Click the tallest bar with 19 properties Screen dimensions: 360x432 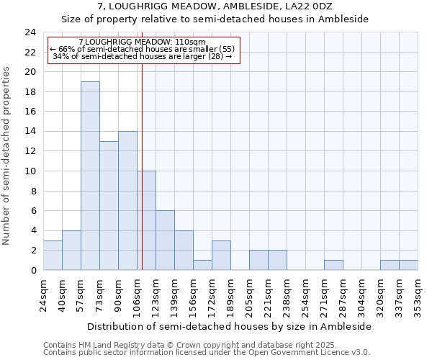90,176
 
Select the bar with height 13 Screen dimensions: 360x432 109,205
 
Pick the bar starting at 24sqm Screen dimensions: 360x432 53,255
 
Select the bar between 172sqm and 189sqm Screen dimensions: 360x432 221,255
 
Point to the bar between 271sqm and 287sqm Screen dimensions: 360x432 333,265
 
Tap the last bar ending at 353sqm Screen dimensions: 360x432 408,265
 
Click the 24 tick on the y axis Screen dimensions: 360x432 30,32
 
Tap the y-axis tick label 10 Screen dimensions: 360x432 30,171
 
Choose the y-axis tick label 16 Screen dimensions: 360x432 30,112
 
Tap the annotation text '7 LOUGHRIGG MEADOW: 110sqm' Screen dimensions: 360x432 142,42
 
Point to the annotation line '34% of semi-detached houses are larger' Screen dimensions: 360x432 143,56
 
